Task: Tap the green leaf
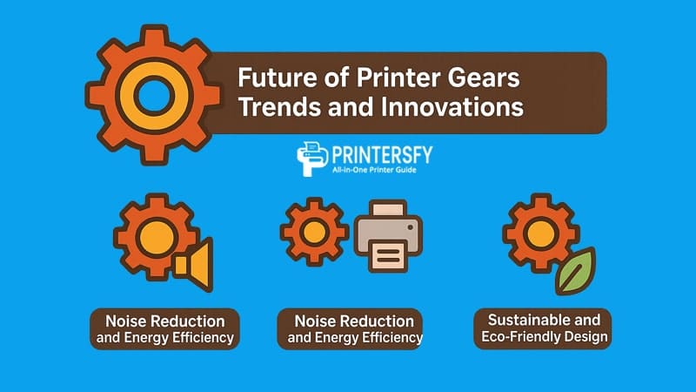coord(574,273)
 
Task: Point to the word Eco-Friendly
coord(530,337)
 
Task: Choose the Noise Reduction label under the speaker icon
coord(165,328)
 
